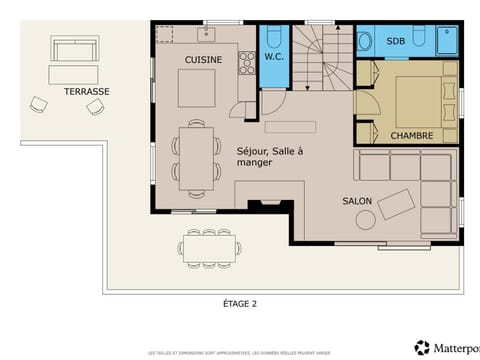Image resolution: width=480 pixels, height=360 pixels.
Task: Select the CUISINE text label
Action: (x=203, y=60)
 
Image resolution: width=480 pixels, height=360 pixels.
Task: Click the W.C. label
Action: (x=273, y=57)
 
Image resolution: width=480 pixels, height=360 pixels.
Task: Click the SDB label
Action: (x=396, y=41)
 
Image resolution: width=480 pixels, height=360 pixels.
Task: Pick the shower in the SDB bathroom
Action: (x=447, y=41)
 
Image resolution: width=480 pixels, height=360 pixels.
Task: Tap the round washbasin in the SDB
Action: (x=365, y=41)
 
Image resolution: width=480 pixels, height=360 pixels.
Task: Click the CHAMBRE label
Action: (x=411, y=135)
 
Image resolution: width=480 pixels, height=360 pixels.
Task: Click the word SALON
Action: (x=357, y=201)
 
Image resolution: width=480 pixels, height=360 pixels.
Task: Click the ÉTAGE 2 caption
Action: (x=240, y=302)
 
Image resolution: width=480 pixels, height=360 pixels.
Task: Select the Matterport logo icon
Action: (x=420, y=347)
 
